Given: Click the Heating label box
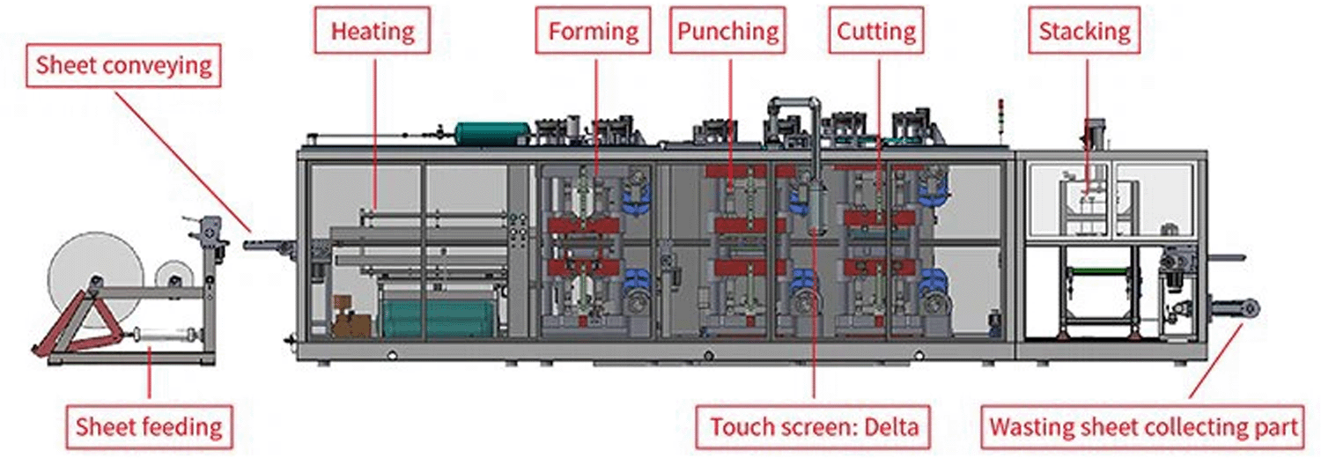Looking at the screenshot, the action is pyautogui.click(x=373, y=30).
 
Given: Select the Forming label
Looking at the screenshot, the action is pyautogui.click(x=594, y=30).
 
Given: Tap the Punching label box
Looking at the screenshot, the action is pyautogui.click(x=727, y=30).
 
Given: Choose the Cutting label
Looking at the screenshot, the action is pyautogui.click(x=875, y=30).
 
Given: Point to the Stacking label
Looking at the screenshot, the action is pyautogui.click(x=1084, y=30).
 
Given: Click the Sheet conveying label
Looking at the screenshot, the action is pyautogui.click(x=124, y=65).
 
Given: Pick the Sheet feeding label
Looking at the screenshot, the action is pyautogui.click(x=149, y=427).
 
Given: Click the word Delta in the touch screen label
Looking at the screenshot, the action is pyautogui.click(x=891, y=427).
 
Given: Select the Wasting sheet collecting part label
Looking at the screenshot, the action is pyautogui.click(x=1143, y=427).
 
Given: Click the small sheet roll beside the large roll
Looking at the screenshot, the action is pyautogui.click(x=173, y=276).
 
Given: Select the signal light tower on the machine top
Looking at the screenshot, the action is pyautogui.click(x=999, y=122).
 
